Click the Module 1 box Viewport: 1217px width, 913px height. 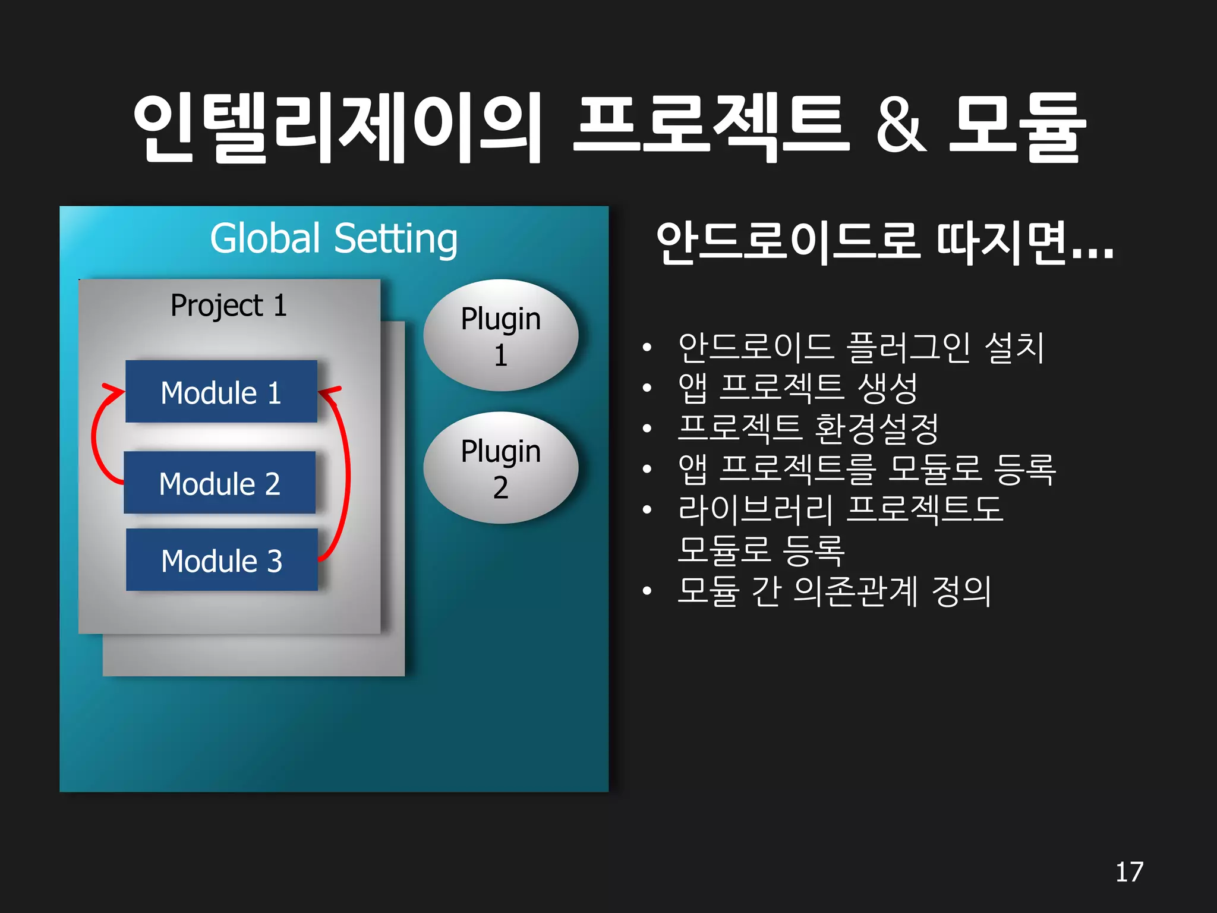(x=221, y=392)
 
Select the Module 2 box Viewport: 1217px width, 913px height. (x=219, y=483)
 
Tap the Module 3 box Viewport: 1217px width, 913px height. (x=222, y=560)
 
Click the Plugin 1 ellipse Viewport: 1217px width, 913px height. (x=500, y=336)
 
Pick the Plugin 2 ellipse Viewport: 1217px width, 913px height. (x=500, y=468)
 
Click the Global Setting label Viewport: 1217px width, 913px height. (x=333, y=239)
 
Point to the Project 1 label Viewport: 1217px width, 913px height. (x=229, y=306)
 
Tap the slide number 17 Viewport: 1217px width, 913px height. (x=1129, y=872)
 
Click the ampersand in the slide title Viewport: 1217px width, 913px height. (x=901, y=127)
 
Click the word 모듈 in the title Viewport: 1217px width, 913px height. (x=1017, y=127)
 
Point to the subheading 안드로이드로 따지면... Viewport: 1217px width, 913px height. (x=884, y=243)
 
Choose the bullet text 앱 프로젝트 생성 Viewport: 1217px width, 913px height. (x=798, y=388)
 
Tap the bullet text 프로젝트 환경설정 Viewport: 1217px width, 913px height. (x=808, y=428)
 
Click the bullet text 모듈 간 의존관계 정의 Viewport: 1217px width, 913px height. (x=834, y=591)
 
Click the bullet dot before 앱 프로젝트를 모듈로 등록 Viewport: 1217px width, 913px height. (x=647, y=469)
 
